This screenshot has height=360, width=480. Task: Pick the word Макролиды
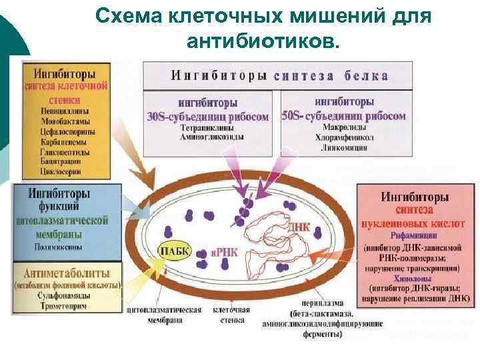(344, 127)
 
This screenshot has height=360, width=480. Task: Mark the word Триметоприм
(65, 306)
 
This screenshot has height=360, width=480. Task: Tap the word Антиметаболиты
(65, 273)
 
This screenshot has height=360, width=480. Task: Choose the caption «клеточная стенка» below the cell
(231, 315)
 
